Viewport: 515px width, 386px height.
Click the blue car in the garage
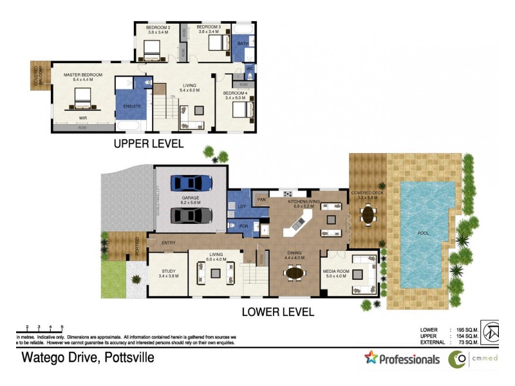click(x=191, y=183)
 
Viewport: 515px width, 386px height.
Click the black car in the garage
click(x=191, y=216)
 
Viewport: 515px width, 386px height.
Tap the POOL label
click(x=423, y=233)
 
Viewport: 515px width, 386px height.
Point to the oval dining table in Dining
click(x=295, y=272)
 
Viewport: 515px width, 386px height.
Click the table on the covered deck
click(x=368, y=214)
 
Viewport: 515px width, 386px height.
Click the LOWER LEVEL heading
click(x=277, y=312)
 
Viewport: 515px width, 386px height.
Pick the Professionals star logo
click(x=370, y=358)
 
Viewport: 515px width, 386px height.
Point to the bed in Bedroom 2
click(x=153, y=47)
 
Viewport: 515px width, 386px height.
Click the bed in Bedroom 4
click(x=239, y=111)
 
